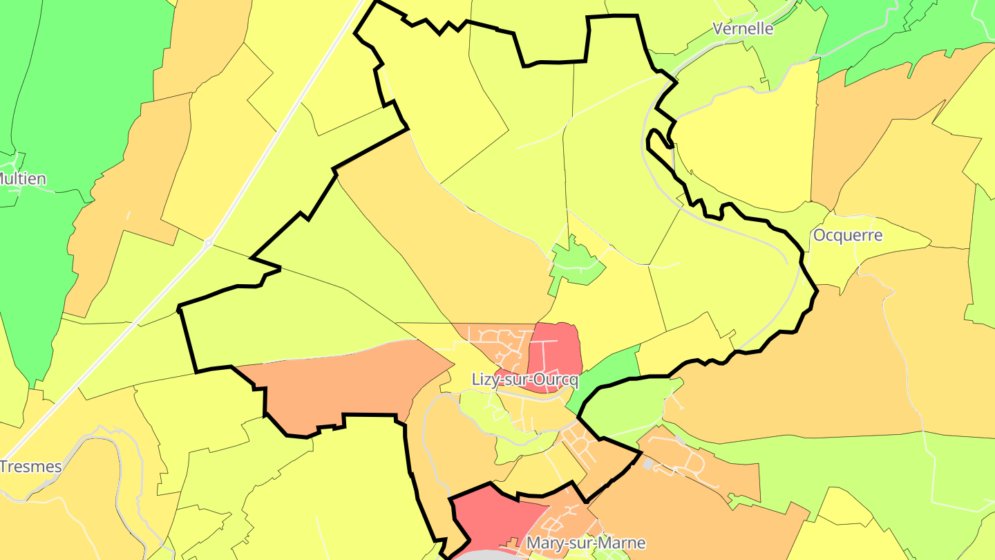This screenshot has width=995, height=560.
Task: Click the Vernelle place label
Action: click(x=743, y=29)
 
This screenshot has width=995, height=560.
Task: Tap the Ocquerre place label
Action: click(x=848, y=235)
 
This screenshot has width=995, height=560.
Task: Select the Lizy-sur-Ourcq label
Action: click(x=524, y=380)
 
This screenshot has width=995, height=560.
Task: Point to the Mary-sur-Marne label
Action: click(x=586, y=543)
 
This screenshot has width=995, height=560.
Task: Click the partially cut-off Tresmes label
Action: click(x=31, y=467)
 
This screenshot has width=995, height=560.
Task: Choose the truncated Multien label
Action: click(x=23, y=179)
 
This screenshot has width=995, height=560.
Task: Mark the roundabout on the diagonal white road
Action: click(x=208, y=243)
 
